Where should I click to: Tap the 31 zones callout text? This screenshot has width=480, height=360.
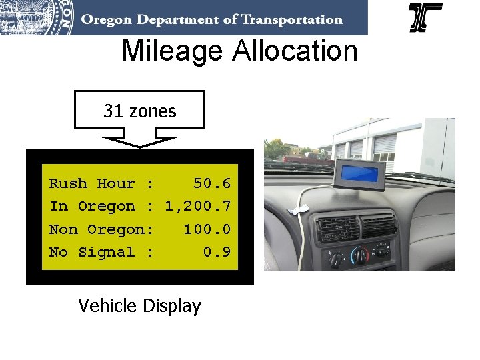[139, 111]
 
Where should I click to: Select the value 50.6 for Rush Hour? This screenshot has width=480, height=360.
[211, 183]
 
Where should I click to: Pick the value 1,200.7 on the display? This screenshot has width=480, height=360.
[198, 206]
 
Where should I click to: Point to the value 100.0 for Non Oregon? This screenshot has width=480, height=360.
[207, 229]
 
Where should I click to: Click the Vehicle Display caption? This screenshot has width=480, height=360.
[139, 306]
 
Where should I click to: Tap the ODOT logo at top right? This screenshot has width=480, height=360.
[425, 18]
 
